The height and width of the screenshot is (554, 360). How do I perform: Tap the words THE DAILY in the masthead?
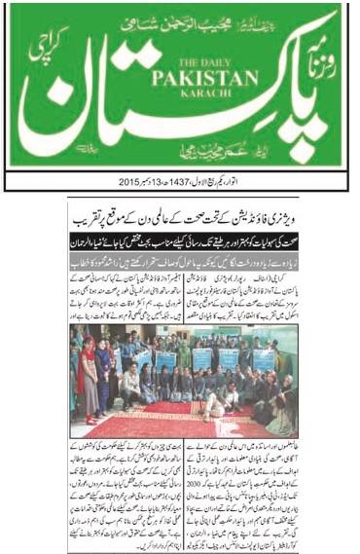point(172,62)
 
